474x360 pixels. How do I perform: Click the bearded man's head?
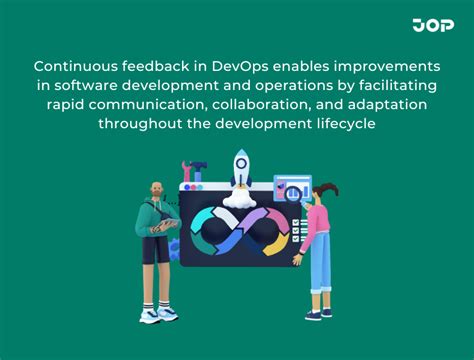(x=157, y=191)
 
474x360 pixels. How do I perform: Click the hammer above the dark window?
(x=196, y=171)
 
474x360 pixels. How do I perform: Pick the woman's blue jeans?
(x=319, y=272)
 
